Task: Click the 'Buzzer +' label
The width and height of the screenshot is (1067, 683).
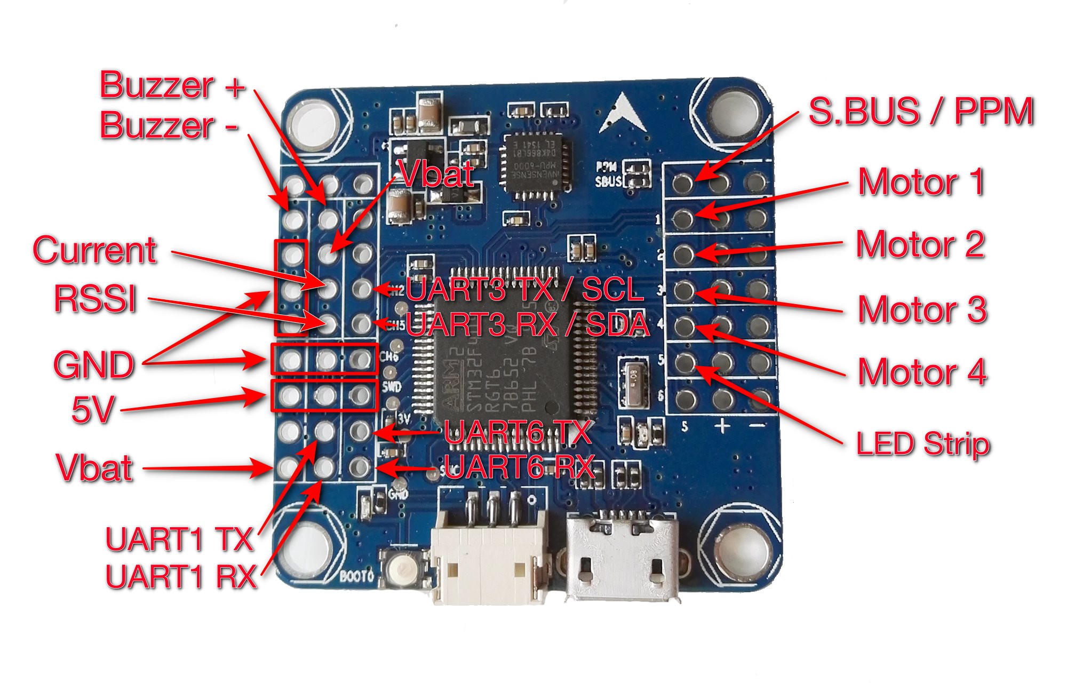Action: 172,85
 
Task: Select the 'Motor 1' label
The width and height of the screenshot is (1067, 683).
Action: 921,182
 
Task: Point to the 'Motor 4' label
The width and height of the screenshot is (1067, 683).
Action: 922,372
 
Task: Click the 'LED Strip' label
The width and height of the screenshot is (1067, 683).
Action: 922,443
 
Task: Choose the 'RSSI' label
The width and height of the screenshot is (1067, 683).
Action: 95,298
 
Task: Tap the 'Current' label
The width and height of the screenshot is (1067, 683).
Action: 94,250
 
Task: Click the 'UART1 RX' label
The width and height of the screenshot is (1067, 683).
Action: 181,576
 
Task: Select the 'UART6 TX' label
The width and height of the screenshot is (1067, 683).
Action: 517,432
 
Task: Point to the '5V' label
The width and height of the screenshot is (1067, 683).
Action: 93,410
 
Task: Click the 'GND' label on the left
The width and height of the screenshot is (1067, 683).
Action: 93,365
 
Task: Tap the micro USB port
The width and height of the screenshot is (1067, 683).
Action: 622,558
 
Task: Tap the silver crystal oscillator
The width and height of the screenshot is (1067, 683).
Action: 633,380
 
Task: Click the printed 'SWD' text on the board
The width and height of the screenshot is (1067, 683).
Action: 392,386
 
